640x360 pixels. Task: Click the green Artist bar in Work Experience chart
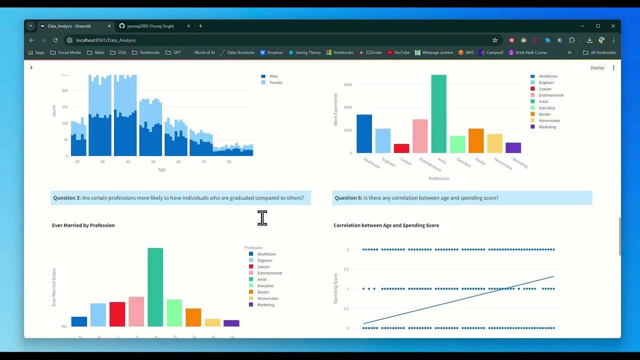[438, 114]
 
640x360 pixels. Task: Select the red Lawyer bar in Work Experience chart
[401, 148]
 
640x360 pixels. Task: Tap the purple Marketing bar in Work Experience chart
[513, 147]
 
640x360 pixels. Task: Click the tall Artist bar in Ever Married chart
[155, 287]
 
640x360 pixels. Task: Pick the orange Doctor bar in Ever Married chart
[193, 317]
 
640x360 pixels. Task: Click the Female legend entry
[275, 82]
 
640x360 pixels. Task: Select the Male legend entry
[273, 76]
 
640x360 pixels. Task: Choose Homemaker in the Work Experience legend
[549, 120]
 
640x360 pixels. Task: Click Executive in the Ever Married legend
[265, 286]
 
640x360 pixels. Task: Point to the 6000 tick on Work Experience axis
[347, 84]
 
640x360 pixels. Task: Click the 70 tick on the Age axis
[203, 162]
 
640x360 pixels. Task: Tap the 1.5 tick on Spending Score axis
[346, 269]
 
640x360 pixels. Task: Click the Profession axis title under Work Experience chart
[438, 178]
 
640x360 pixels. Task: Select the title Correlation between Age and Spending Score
[386, 225]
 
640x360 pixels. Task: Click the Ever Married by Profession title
[83, 225]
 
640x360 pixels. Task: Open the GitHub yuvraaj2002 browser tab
[150, 26]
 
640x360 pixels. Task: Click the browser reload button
[55, 40]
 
